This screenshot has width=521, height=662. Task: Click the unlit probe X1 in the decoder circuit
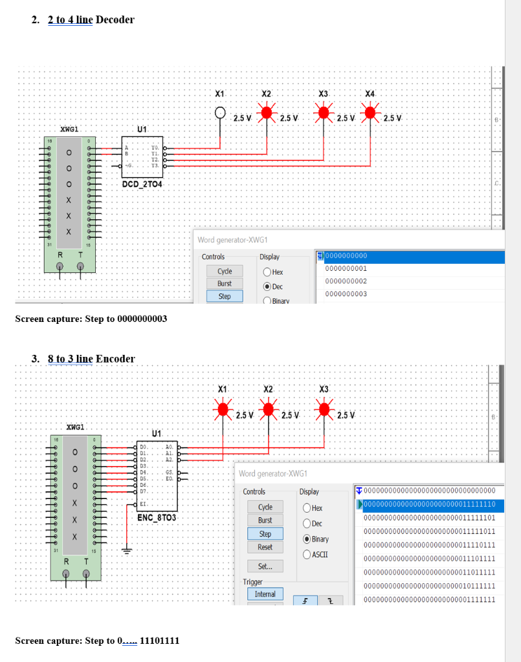pos(221,114)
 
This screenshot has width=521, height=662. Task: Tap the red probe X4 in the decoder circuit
pos(371,113)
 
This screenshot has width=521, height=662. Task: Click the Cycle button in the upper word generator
pos(225,271)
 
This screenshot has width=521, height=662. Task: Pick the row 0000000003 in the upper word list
pos(346,294)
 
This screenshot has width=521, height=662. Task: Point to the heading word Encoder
pos(115,359)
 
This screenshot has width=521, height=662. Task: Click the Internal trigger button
pos(265,594)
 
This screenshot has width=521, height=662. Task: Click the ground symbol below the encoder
pos(126,551)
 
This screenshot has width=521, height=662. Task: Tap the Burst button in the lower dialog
pos(265,520)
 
